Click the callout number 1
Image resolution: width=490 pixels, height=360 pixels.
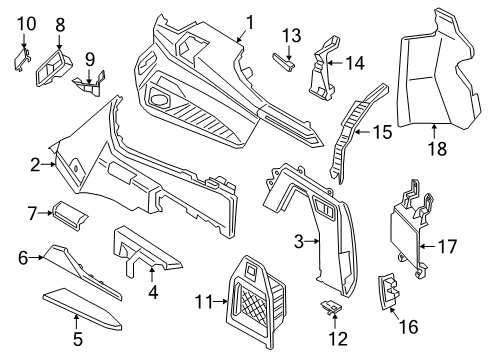coord(251,21)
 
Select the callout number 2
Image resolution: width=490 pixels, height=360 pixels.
coord(35,164)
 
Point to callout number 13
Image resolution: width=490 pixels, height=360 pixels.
coord(290,35)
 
